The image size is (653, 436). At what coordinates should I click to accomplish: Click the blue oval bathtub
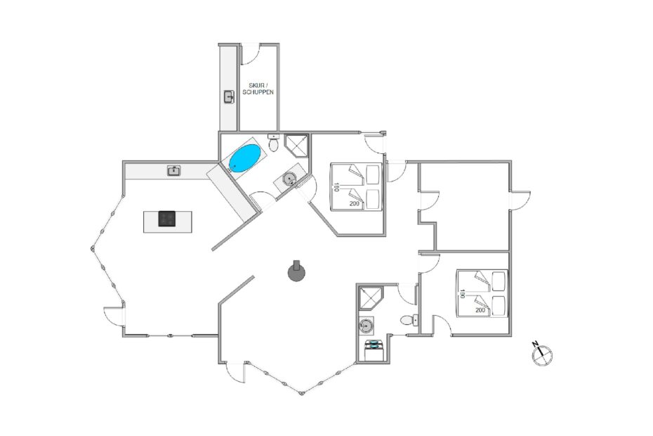pyautogui.click(x=245, y=158)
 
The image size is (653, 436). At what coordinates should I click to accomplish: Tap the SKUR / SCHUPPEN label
pyautogui.click(x=258, y=89)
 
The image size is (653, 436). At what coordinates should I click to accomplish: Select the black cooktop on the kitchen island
pyautogui.click(x=167, y=219)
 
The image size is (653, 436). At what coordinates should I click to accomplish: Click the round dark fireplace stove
pyautogui.click(x=296, y=273)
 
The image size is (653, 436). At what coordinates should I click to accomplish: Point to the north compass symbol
pyautogui.click(x=542, y=354)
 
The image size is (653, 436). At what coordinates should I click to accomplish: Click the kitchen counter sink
pyautogui.click(x=174, y=171)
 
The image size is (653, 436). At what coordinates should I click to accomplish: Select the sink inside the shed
pyautogui.click(x=229, y=97)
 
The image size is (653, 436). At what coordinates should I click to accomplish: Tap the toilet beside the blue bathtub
pyautogui.click(x=274, y=143)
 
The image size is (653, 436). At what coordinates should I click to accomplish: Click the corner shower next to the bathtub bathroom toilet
pyautogui.click(x=297, y=145)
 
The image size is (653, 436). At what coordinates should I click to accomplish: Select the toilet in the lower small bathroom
pyautogui.click(x=409, y=320)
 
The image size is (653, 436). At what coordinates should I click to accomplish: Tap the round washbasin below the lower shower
pyautogui.click(x=366, y=326)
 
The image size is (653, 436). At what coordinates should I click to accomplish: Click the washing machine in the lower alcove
pyautogui.click(x=374, y=350)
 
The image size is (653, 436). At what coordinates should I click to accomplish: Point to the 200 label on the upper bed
pyautogui.click(x=355, y=204)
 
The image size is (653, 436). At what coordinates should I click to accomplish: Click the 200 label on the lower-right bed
pyautogui.click(x=480, y=310)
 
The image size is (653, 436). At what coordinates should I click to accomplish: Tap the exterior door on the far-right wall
pyautogui.click(x=520, y=200)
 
